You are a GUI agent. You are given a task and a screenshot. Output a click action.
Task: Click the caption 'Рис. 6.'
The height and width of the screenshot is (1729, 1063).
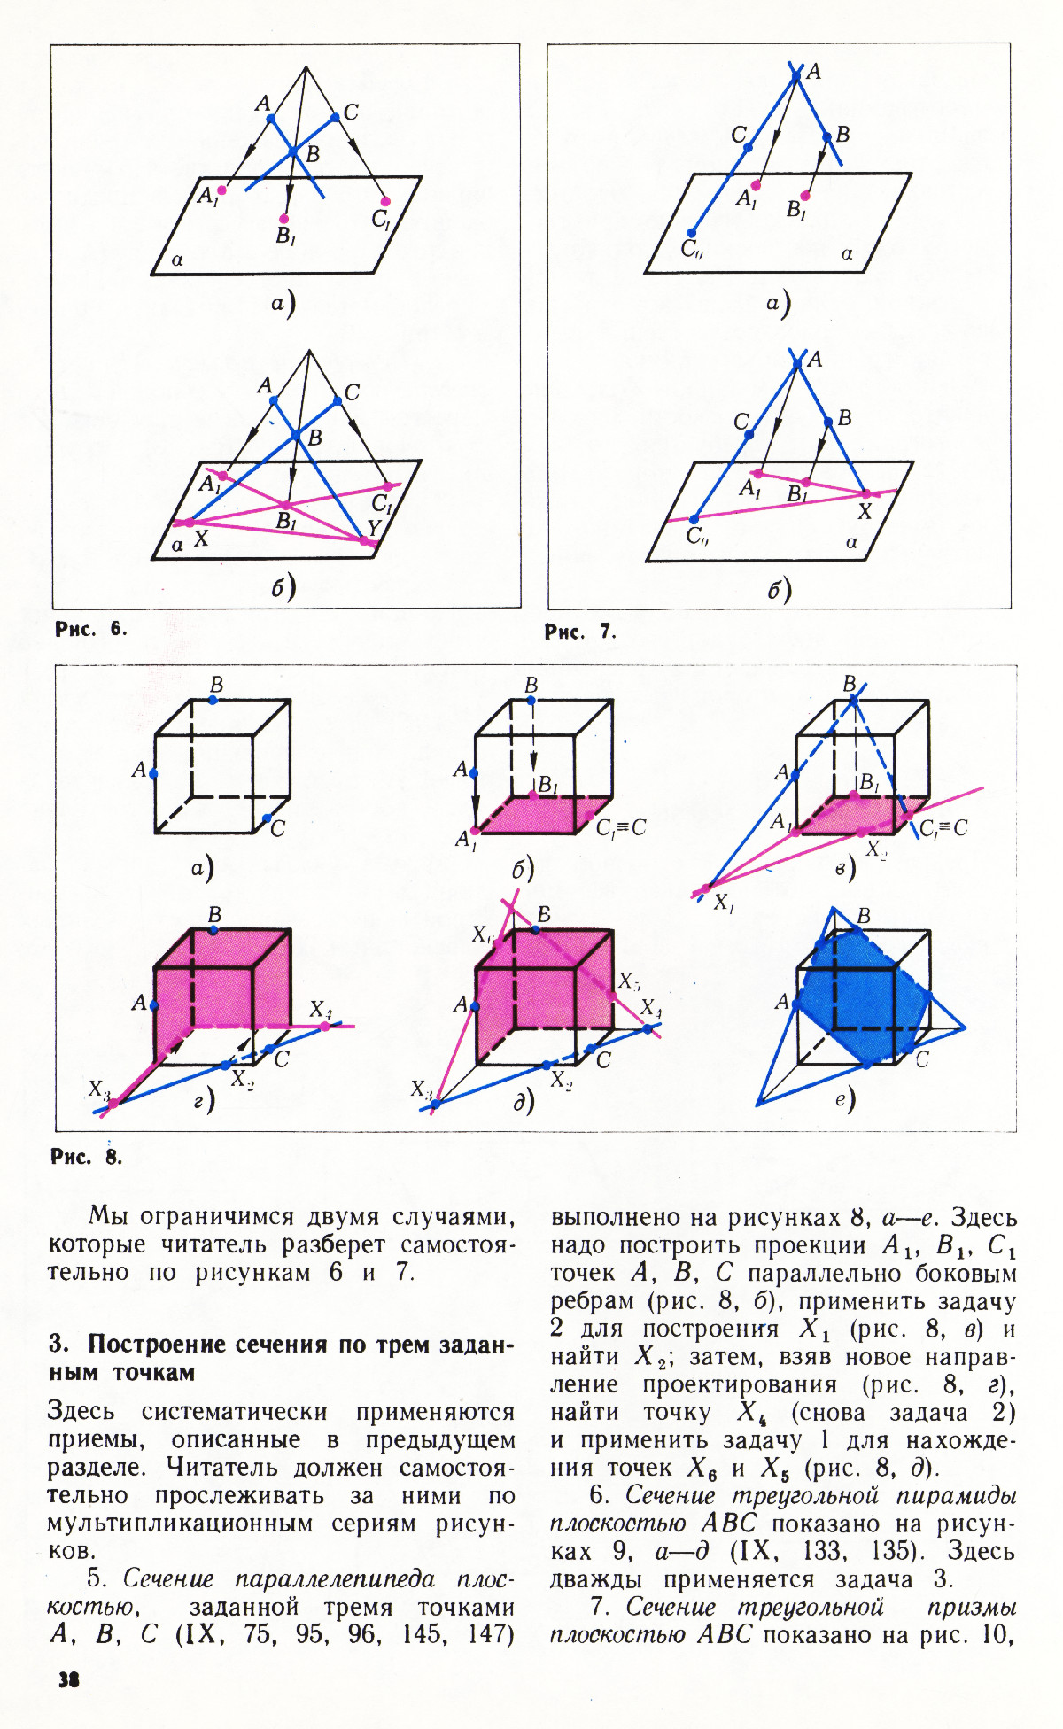(90, 629)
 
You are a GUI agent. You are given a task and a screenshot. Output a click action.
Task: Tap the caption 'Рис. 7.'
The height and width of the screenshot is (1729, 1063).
(579, 632)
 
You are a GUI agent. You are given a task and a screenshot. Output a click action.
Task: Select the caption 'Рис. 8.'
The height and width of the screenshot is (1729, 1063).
(86, 1157)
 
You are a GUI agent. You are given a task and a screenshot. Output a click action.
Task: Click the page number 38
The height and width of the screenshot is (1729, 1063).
(68, 1679)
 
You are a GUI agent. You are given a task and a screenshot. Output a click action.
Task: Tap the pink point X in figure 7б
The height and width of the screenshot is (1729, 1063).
(866, 494)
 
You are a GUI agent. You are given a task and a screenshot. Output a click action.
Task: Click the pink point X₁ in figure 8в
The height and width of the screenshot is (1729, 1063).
(706, 888)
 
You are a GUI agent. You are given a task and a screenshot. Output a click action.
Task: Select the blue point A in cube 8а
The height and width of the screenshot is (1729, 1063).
(154, 773)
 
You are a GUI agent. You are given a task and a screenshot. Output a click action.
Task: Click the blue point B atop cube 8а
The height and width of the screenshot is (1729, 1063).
(214, 700)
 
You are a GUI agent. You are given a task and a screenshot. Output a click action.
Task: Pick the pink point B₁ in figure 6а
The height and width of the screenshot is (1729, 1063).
(284, 219)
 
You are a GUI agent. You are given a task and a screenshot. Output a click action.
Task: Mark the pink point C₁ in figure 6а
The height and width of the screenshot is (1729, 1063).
(385, 201)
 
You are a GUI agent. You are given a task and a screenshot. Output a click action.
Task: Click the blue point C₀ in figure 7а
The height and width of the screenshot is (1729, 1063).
(692, 233)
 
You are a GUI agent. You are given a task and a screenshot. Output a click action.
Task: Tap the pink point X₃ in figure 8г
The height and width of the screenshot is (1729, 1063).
(113, 1103)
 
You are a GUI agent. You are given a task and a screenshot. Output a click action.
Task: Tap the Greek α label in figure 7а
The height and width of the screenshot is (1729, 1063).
(847, 254)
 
